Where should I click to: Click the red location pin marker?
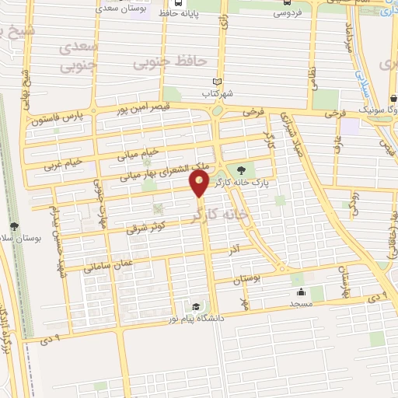coord(200,184)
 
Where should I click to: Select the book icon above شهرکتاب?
coord(218,82)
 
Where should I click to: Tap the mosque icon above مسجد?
coord(300,293)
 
